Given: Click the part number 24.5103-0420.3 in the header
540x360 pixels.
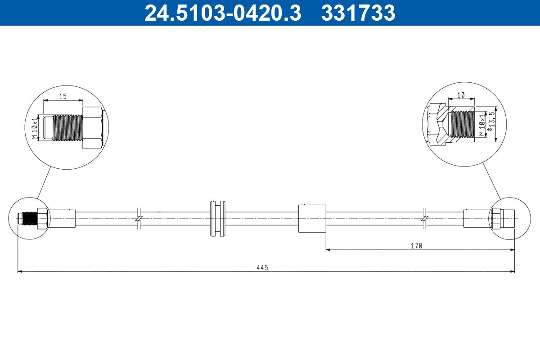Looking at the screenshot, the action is [223, 13].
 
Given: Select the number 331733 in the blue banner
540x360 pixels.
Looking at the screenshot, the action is [358, 13].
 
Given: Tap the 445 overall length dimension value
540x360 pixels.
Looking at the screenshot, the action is [262, 268].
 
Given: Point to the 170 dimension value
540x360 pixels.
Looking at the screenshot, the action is [417, 246].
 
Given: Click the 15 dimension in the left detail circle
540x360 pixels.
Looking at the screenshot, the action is [63, 96].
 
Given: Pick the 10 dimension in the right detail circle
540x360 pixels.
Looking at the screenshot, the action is [461, 95].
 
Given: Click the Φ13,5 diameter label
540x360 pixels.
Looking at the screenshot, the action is [491, 121].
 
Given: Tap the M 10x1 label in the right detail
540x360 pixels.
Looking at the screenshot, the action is [482, 125].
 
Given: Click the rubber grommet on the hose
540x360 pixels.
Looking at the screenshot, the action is [218, 218].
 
